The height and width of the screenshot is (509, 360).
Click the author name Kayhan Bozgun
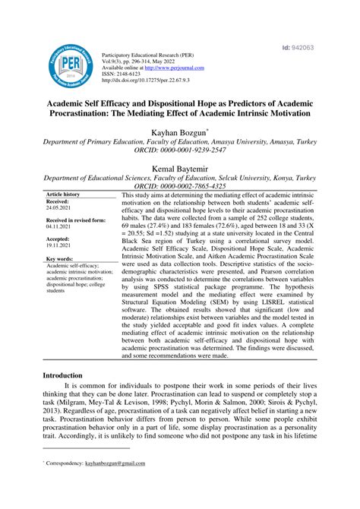click(x=178, y=131)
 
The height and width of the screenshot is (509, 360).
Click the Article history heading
click(x=64, y=194)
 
